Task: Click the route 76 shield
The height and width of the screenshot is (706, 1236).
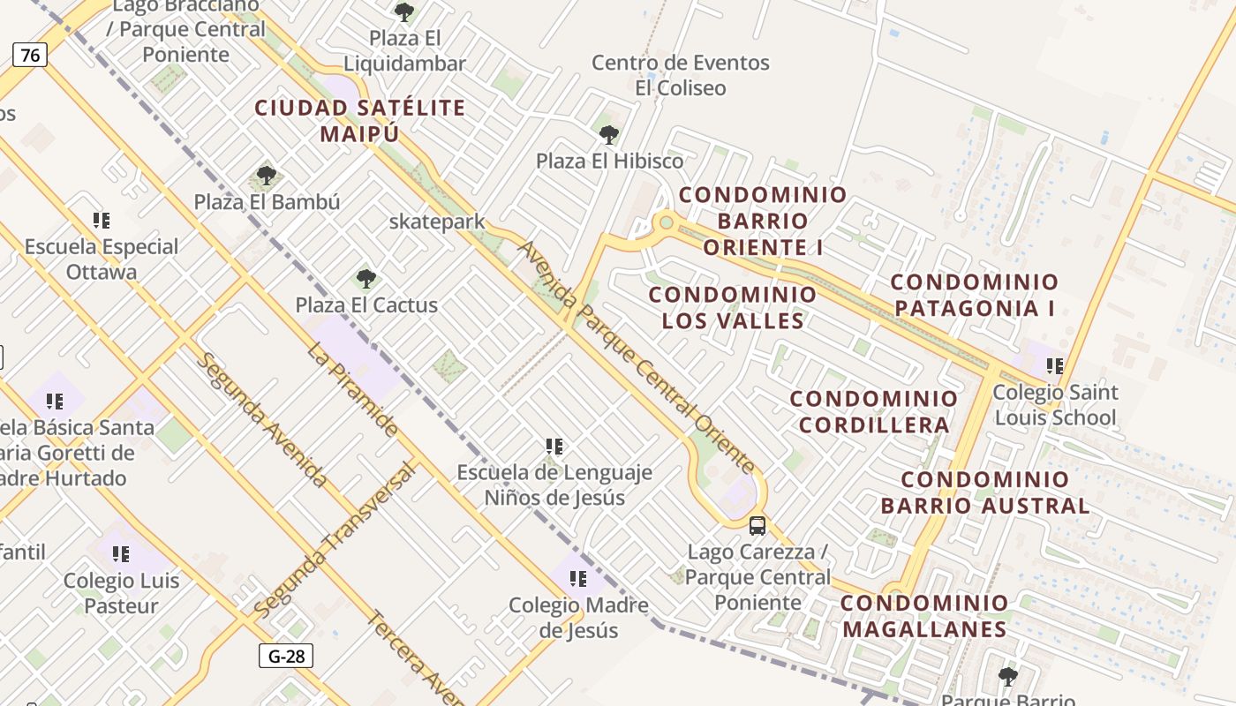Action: [30, 56]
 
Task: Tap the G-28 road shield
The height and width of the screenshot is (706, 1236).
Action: [286, 656]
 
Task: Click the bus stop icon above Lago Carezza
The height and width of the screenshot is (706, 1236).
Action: [757, 526]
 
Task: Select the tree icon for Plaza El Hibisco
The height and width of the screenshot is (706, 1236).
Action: [608, 135]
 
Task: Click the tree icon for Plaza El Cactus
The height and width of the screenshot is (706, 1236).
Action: [366, 279]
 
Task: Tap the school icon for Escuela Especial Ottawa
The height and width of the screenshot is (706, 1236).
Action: [102, 221]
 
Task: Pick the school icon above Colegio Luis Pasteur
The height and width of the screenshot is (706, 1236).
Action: [121, 554]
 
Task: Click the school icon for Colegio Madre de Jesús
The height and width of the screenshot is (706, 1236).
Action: [578, 579]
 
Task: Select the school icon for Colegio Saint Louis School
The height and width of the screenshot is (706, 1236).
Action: [1055, 365]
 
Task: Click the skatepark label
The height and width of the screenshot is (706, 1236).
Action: [437, 222]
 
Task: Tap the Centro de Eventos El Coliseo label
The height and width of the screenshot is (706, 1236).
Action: [681, 75]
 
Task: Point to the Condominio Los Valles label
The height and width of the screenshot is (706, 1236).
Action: [733, 307]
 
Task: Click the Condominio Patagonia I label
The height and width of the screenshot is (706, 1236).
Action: [974, 295]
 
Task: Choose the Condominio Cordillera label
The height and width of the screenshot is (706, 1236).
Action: [874, 411]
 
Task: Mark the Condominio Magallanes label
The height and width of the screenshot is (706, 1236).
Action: [924, 616]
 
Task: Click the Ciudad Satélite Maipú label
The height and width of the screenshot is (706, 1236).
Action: [359, 121]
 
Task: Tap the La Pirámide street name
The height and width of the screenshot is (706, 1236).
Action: [352, 389]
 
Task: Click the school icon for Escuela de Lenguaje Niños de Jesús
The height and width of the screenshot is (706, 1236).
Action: [554, 447]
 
